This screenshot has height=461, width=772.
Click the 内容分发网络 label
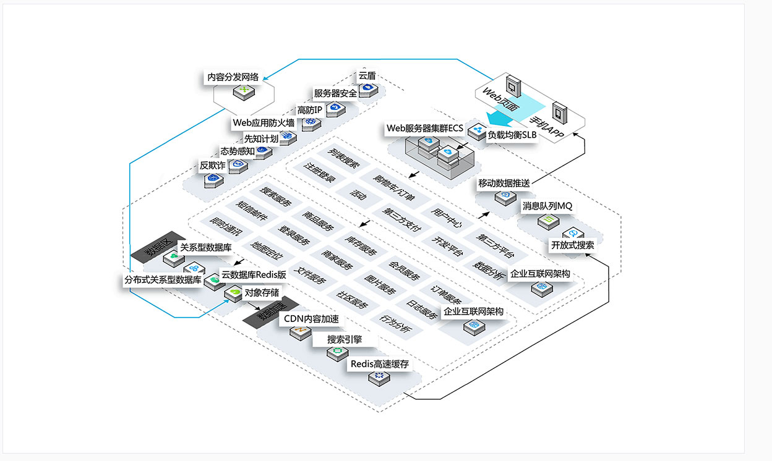pyautogui.click(x=232, y=78)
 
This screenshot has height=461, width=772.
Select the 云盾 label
pyautogui.click(x=366, y=76)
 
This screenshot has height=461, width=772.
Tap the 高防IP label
pyautogui.click(x=309, y=109)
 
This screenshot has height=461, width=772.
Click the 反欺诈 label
pyautogui.click(x=212, y=165)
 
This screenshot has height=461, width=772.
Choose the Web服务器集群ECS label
pyautogui.click(x=424, y=129)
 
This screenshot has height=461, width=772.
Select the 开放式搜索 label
pyautogui.click(x=573, y=245)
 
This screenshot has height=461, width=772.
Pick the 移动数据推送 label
pyautogui.click(x=504, y=184)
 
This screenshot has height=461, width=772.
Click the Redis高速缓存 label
pyautogui.click(x=380, y=364)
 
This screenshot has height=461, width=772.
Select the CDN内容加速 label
pyautogui.click(x=311, y=319)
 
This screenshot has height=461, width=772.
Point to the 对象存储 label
pyautogui.click(x=262, y=292)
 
